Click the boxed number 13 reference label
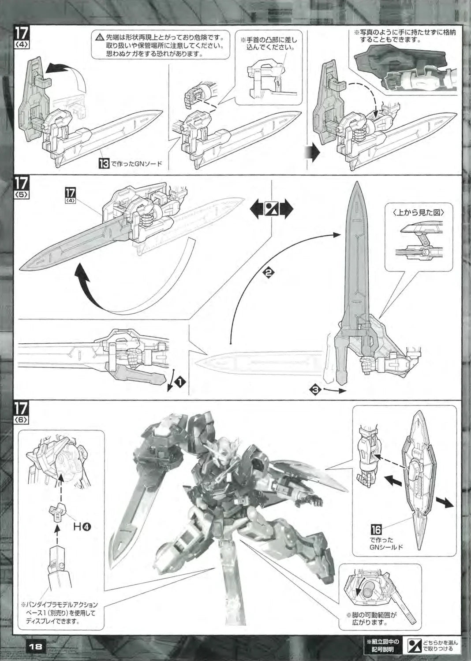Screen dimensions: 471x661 104,163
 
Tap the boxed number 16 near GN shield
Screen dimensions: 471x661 376,530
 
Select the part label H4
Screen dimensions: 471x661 82,526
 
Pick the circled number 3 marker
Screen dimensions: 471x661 315,390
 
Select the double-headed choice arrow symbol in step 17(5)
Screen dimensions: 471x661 272,209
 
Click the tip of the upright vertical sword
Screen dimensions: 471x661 357,182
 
